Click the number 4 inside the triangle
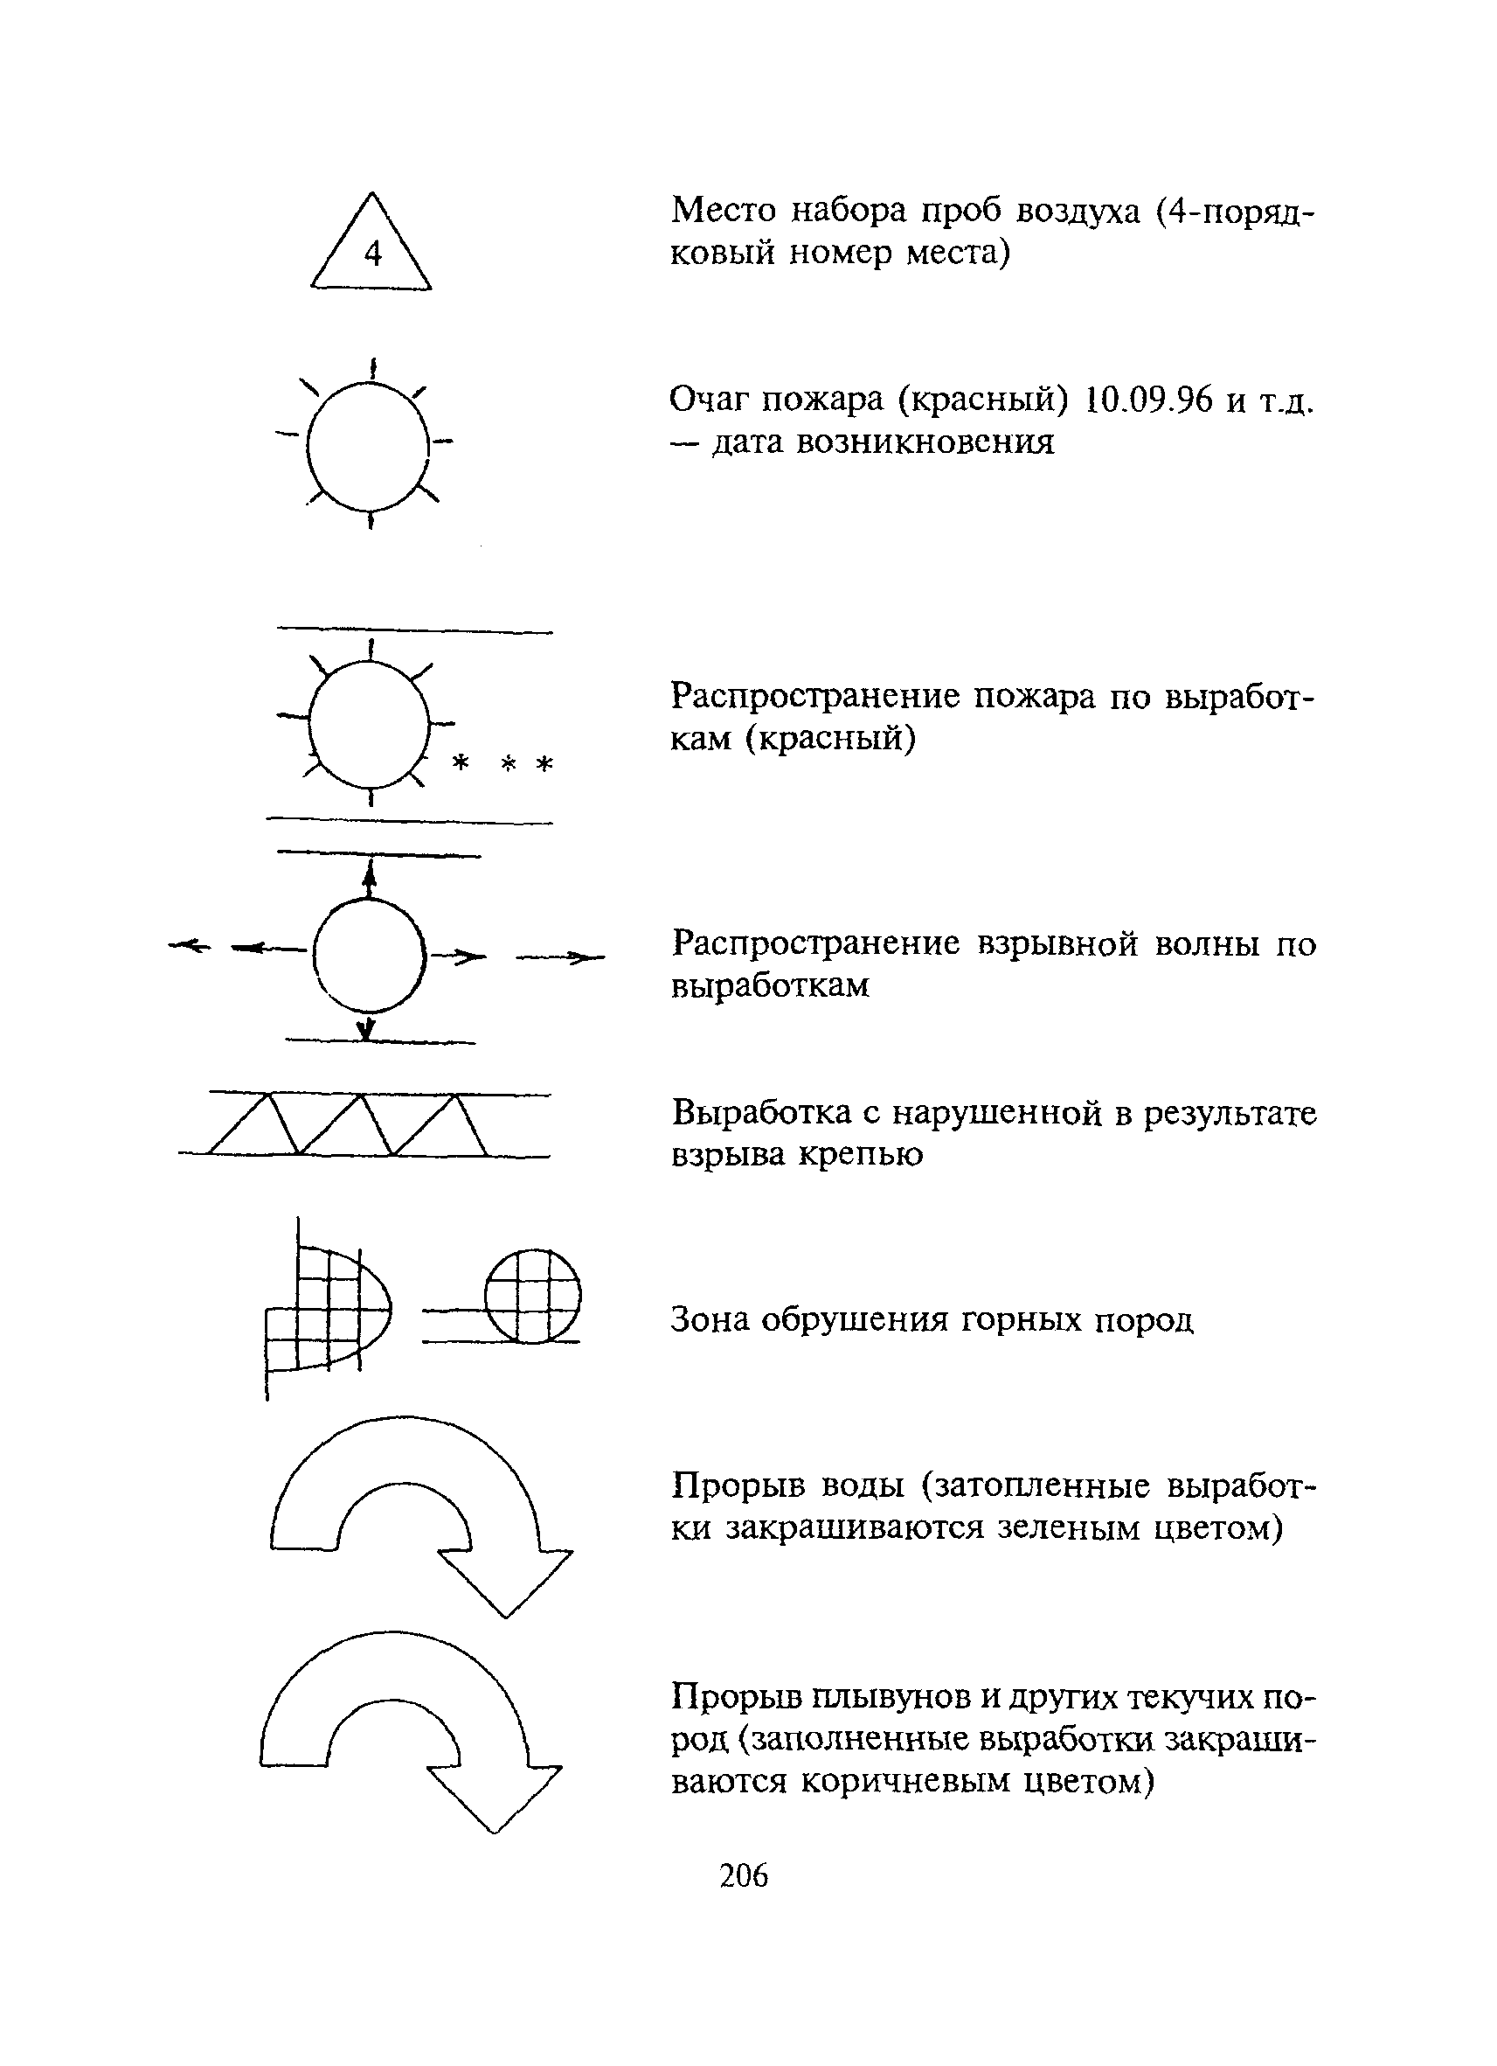[372, 254]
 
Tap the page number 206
[743, 1875]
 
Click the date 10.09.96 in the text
[1149, 399]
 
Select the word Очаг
[711, 399]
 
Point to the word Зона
[710, 1319]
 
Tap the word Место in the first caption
[724, 211]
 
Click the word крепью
[862, 1154]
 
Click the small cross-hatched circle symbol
[533, 1296]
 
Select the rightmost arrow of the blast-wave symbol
[562, 957]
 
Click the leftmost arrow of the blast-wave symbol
[190, 948]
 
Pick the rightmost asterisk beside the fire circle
[544, 763]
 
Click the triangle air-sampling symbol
[371, 246]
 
